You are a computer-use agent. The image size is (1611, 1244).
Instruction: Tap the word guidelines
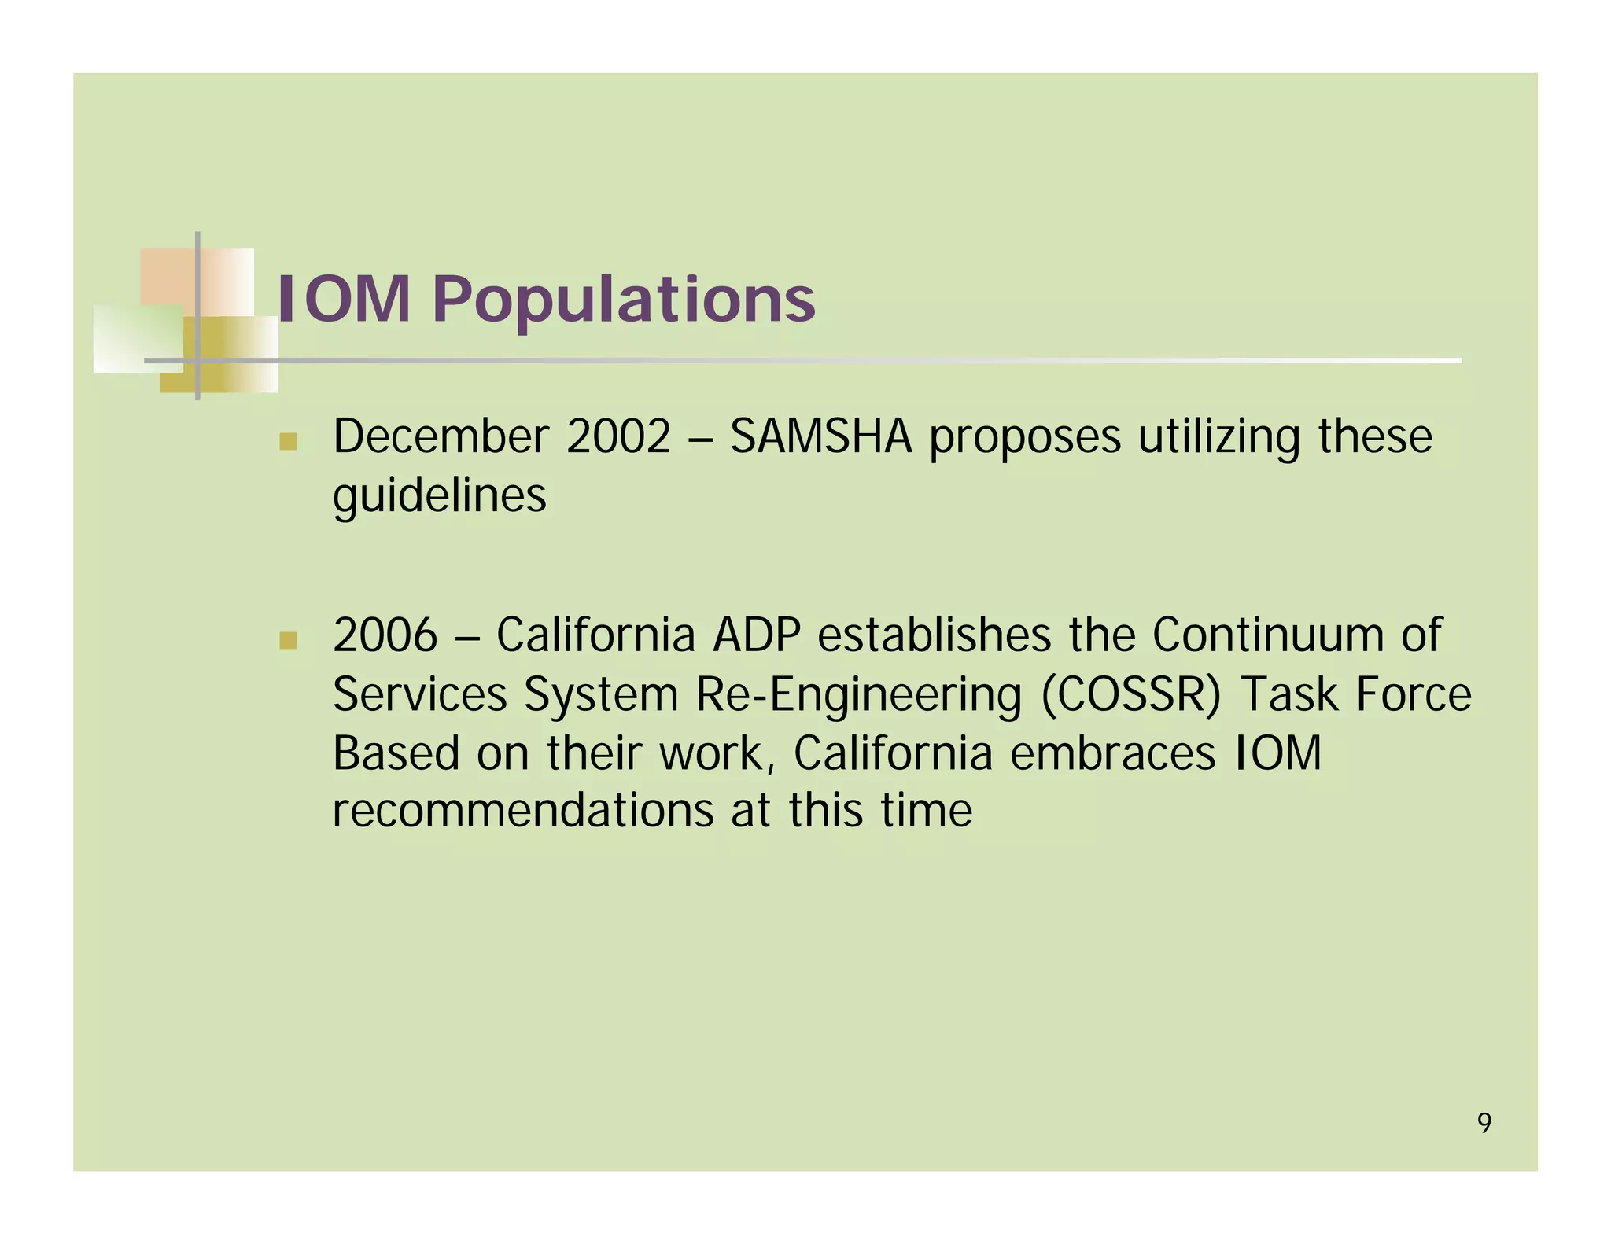click(x=439, y=496)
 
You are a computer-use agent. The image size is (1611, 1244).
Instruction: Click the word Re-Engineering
click(x=858, y=695)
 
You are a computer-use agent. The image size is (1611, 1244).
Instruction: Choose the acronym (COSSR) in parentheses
click(x=1131, y=695)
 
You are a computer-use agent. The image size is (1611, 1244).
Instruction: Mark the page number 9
click(x=1484, y=1123)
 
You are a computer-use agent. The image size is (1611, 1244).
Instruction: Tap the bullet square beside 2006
click(x=288, y=640)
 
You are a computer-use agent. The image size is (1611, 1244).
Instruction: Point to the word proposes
click(x=1025, y=437)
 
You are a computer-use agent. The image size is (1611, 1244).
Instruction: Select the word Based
click(x=396, y=753)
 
